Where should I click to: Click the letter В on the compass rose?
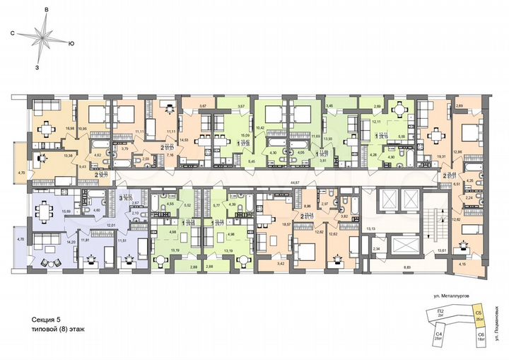(46, 8)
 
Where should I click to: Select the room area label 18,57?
(267, 223)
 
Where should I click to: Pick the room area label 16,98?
(69, 129)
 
